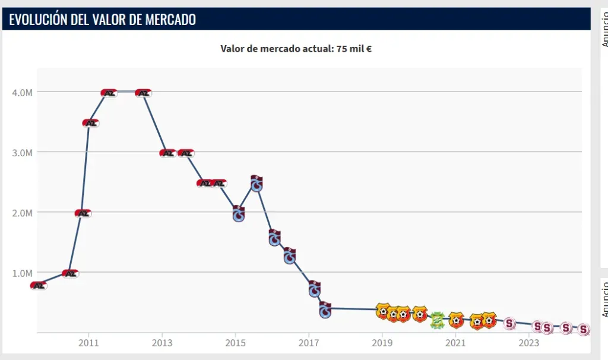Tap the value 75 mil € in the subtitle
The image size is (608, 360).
[354, 49]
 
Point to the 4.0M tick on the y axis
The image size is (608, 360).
[21, 92]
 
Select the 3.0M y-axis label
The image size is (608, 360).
[21, 152]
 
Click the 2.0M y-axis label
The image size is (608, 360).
[21, 213]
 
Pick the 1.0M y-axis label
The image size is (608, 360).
[21, 273]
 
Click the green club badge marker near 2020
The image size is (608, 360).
[437, 320]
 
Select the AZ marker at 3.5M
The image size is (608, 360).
[90, 123]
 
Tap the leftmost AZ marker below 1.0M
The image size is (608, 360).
[38, 286]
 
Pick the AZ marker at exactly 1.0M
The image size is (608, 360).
[70, 274]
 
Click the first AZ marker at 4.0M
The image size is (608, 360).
[109, 93]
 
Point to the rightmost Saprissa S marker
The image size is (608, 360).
[584, 329]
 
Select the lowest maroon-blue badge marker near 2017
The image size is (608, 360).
[325, 310]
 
